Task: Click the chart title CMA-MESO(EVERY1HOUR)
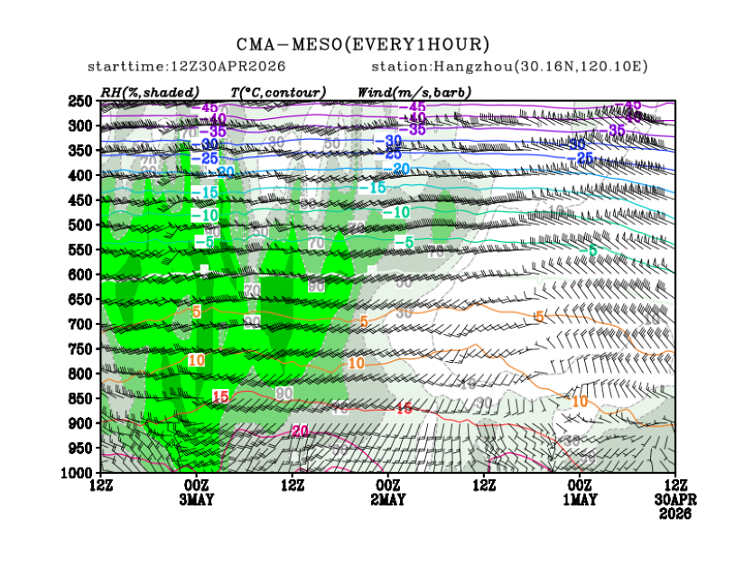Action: pos(363,44)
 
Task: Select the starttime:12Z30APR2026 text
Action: pos(186,67)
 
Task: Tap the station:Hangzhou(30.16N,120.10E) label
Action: pos(509,67)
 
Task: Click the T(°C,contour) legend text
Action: pos(278,91)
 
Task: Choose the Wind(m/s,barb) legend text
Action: pos(414,91)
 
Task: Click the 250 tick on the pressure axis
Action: pos(82,100)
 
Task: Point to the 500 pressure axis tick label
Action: pos(82,225)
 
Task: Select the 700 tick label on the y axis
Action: pos(82,324)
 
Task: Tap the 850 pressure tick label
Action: pos(82,398)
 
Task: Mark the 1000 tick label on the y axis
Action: pos(79,473)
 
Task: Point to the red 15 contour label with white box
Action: pos(220,396)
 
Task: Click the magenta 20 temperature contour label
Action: pos(301,431)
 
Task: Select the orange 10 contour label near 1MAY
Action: pos(579,401)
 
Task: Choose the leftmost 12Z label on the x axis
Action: pos(101,487)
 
